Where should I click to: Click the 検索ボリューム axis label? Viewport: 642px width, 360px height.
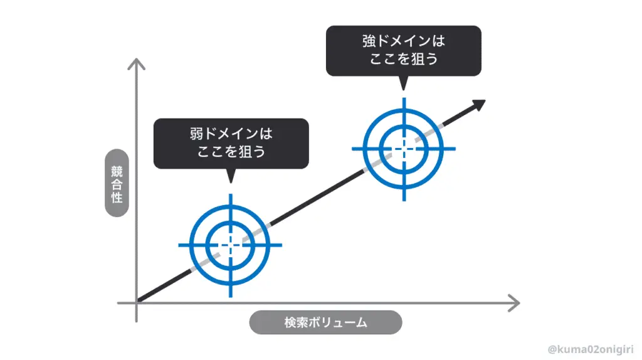tap(325, 323)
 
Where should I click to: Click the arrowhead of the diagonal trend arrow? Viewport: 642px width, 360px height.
tap(479, 105)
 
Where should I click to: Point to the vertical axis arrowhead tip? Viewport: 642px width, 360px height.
tap(136, 60)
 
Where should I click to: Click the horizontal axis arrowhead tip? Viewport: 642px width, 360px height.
tap(518, 303)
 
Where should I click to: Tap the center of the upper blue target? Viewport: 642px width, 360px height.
tap(404, 149)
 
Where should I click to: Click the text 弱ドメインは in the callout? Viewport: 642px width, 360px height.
tap(231, 134)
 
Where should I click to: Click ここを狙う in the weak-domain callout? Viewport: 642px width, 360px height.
tap(231, 152)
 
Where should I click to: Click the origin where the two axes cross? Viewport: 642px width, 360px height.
tap(136, 303)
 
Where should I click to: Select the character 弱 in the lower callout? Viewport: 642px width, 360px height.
tap(197, 134)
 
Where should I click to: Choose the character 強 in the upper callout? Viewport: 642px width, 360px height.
tap(369, 41)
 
